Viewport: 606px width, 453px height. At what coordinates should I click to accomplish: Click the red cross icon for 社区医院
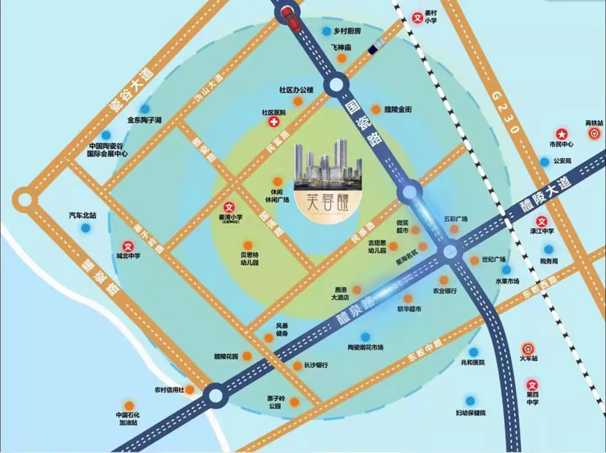coord(273,123)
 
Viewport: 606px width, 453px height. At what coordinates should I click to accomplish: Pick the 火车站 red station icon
coord(528,349)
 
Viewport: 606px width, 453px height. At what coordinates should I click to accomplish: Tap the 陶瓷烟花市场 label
coord(365,347)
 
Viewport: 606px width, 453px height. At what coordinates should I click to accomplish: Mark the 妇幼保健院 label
coord(471,412)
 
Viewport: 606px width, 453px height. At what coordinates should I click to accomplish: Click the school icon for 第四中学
coord(532,385)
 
